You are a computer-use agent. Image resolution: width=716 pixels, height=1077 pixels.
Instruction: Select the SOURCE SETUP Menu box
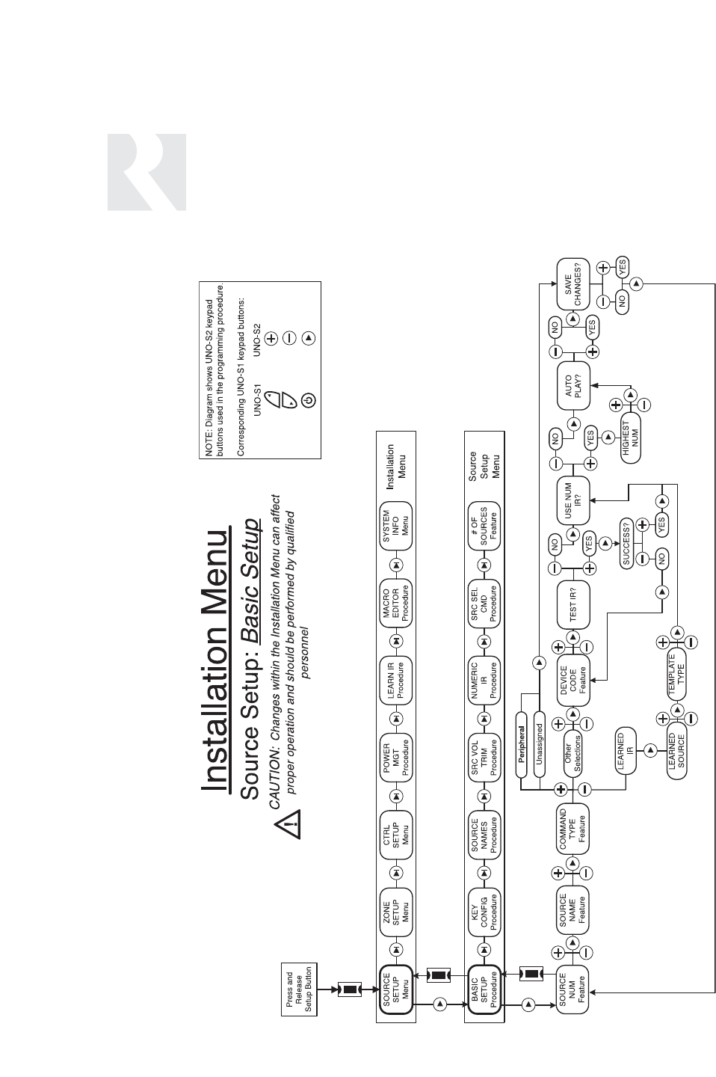[396, 989]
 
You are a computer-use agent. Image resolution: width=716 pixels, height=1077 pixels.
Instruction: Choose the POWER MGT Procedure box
[396, 757]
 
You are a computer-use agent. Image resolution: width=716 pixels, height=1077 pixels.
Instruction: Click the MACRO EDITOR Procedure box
[396, 601]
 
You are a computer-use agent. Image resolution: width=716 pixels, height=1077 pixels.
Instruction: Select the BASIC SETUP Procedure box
[484, 989]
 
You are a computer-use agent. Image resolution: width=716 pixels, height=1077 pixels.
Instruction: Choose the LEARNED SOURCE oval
[676, 750]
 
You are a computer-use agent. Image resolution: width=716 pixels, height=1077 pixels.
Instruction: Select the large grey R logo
[146, 173]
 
